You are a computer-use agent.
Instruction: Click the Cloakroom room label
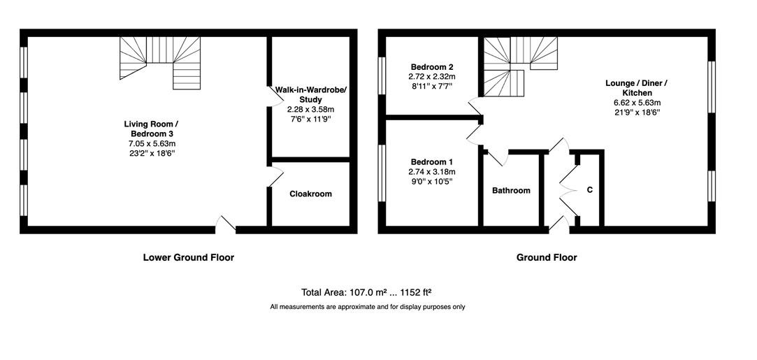click(x=310, y=194)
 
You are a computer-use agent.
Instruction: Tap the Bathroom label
click(x=511, y=191)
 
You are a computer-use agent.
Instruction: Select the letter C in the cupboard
click(x=589, y=190)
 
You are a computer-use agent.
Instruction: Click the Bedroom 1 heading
click(x=431, y=161)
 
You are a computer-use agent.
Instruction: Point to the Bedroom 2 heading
click(x=431, y=66)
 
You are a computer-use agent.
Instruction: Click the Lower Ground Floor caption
click(x=189, y=257)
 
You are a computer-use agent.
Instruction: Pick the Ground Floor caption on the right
click(x=547, y=257)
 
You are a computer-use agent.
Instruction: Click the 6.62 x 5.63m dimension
click(x=636, y=102)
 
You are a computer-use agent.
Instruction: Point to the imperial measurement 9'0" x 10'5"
click(x=431, y=181)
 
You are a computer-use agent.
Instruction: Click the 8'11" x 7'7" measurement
click(x=431, y=86)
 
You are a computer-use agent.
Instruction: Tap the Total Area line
click(x=366, y=292)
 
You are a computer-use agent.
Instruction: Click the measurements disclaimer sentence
click(x=368, y=306)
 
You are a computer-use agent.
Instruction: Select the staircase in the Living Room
click(x=160, y=60)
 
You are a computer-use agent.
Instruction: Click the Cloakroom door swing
click(x=276, y=176)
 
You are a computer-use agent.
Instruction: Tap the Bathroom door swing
click(x=497, y=157)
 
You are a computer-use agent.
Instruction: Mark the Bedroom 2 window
click(x=382, y=75)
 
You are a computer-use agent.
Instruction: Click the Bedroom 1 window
click(x=382, y=173)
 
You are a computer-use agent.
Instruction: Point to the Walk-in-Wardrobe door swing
click(x=276, y=96)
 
